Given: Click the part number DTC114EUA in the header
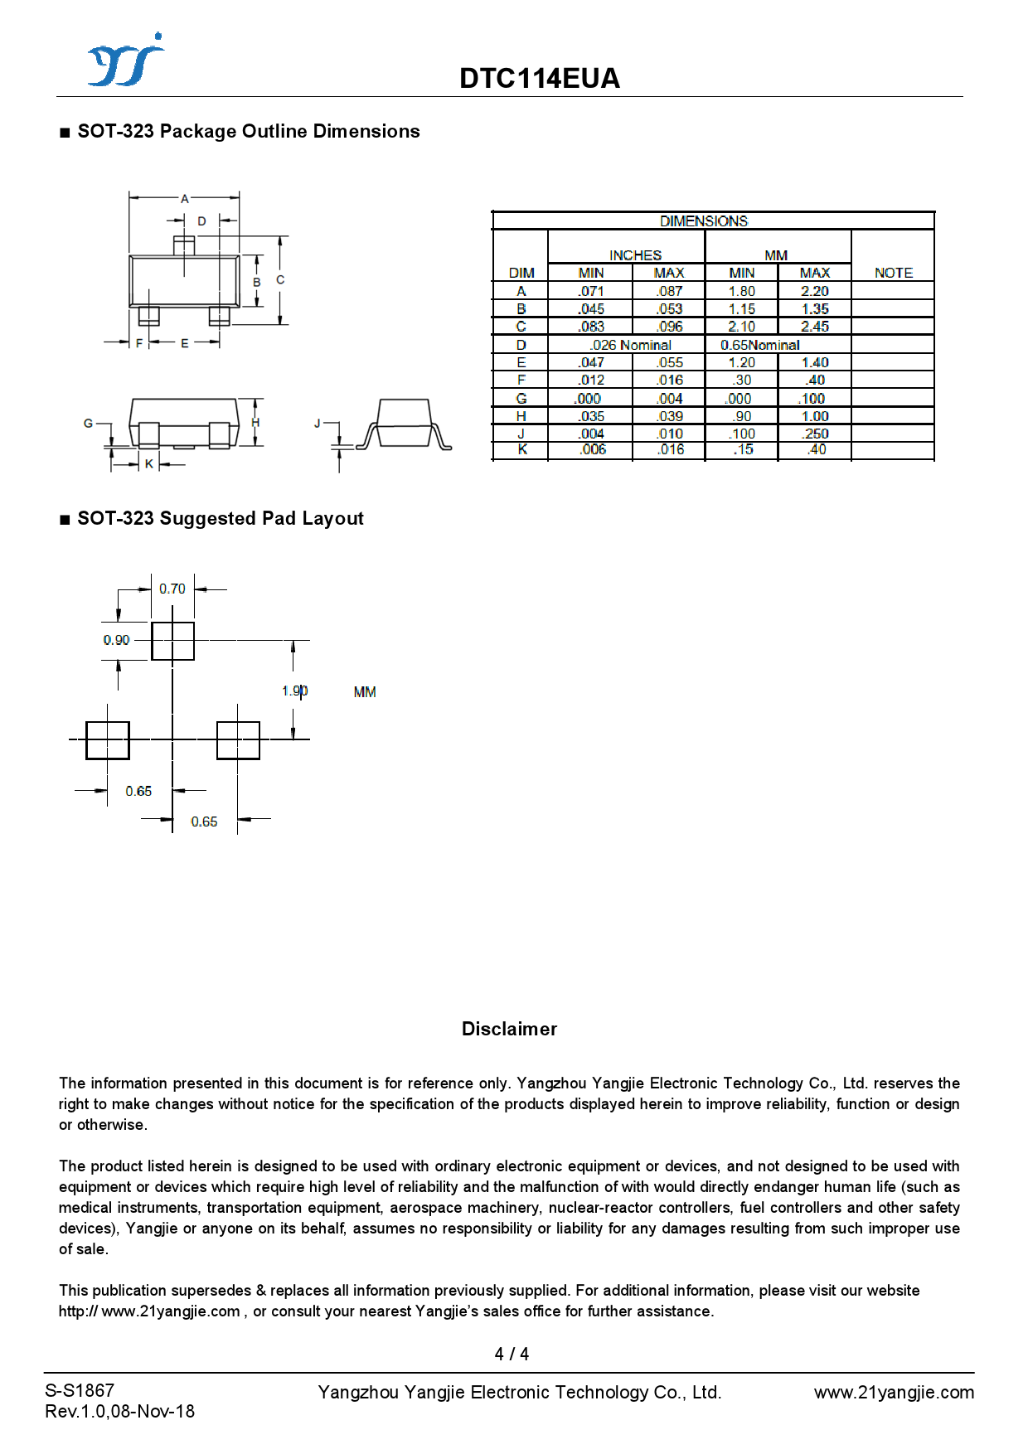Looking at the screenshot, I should click(540, 79).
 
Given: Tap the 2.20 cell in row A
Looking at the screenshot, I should click(814, 291).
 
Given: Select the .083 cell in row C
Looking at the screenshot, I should click(591, 327).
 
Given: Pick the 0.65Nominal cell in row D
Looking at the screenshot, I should click(759, 345).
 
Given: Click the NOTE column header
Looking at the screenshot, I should click(893, 273).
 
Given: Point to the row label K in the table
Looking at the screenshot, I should click(521, 449).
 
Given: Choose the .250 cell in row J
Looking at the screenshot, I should click(815, 434).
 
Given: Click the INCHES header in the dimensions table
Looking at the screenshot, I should click(635, 255).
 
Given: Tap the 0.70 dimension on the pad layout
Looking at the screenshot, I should click(172, 589).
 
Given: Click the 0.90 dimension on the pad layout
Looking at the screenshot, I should click(116, 640).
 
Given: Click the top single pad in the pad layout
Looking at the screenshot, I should click(172, 641).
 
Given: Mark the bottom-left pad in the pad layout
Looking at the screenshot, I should click(108, 739).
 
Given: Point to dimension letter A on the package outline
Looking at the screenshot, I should click(185, 199).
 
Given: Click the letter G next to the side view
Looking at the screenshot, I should click(88, 423).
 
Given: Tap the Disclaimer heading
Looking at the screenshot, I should click(509, 1029).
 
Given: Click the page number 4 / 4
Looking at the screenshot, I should click(512, 1354).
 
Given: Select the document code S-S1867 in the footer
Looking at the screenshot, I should click(80, 1390).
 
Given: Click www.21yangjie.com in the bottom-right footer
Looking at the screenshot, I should click(894, 1392).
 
